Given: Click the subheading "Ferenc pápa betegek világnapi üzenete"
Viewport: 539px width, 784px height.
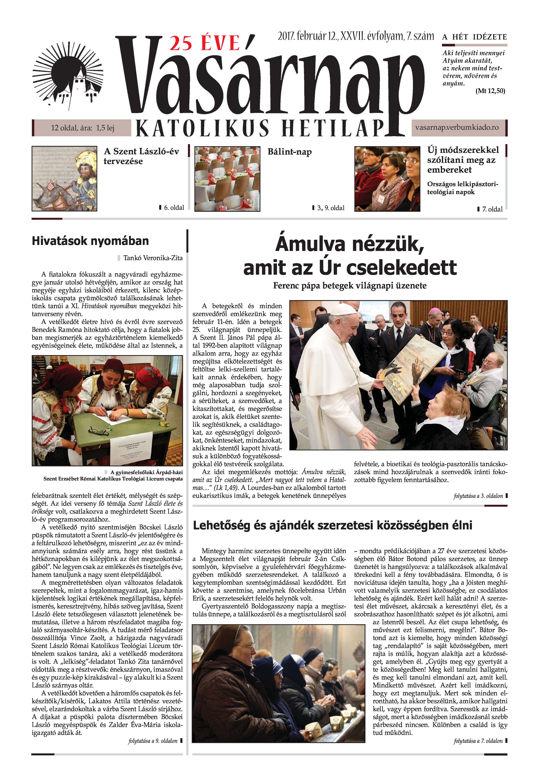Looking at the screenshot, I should (x=349, y=286).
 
